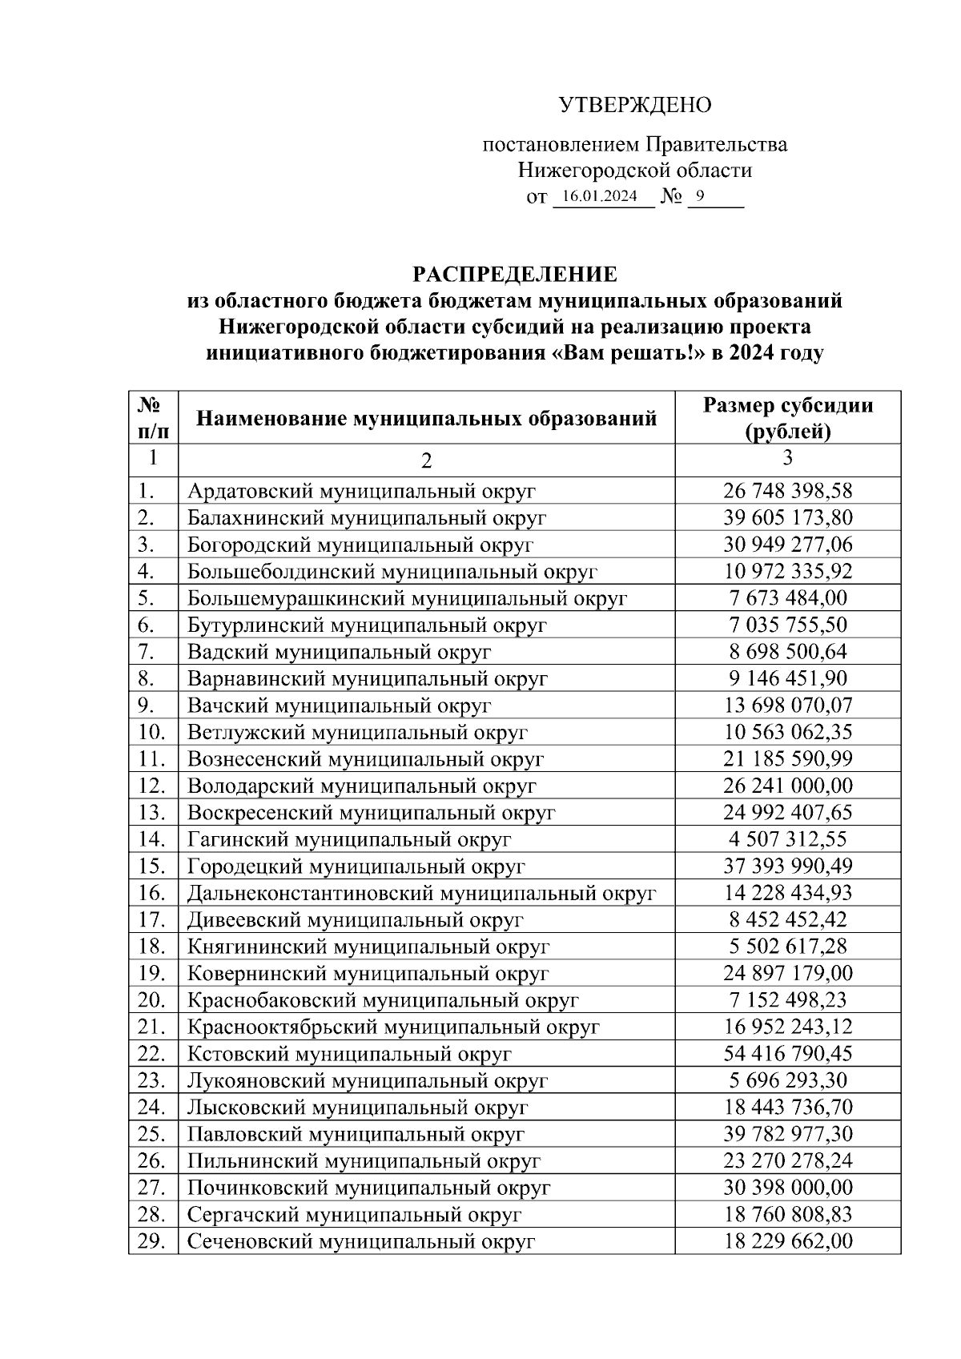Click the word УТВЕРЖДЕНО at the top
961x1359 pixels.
tap(634, 105)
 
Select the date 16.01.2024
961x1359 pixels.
tap(600, 196)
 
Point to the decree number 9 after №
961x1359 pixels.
tap(701, 195)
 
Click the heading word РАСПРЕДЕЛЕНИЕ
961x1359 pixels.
tap(515, 275)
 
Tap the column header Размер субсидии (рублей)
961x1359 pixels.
tap(787, 418)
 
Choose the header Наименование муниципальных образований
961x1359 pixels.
tap(427, 418)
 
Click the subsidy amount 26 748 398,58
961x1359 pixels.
tap(788, 491)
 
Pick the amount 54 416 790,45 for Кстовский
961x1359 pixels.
tap(788, 1054)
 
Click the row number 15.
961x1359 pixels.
tap(151, 866)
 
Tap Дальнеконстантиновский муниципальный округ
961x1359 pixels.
tap(421, 893)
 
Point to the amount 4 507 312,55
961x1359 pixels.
tap(788, 839)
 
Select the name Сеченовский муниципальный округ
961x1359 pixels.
tap(360, 1242)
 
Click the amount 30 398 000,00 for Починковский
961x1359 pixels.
tap(788, 1188)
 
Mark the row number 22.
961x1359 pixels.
tap(151, 1054)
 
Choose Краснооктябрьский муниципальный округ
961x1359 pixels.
tap(393, 1027)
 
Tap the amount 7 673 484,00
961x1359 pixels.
tap(788, 598)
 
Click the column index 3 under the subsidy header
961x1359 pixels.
tap(788, 457)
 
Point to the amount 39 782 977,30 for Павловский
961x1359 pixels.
tap(788, 1134)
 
